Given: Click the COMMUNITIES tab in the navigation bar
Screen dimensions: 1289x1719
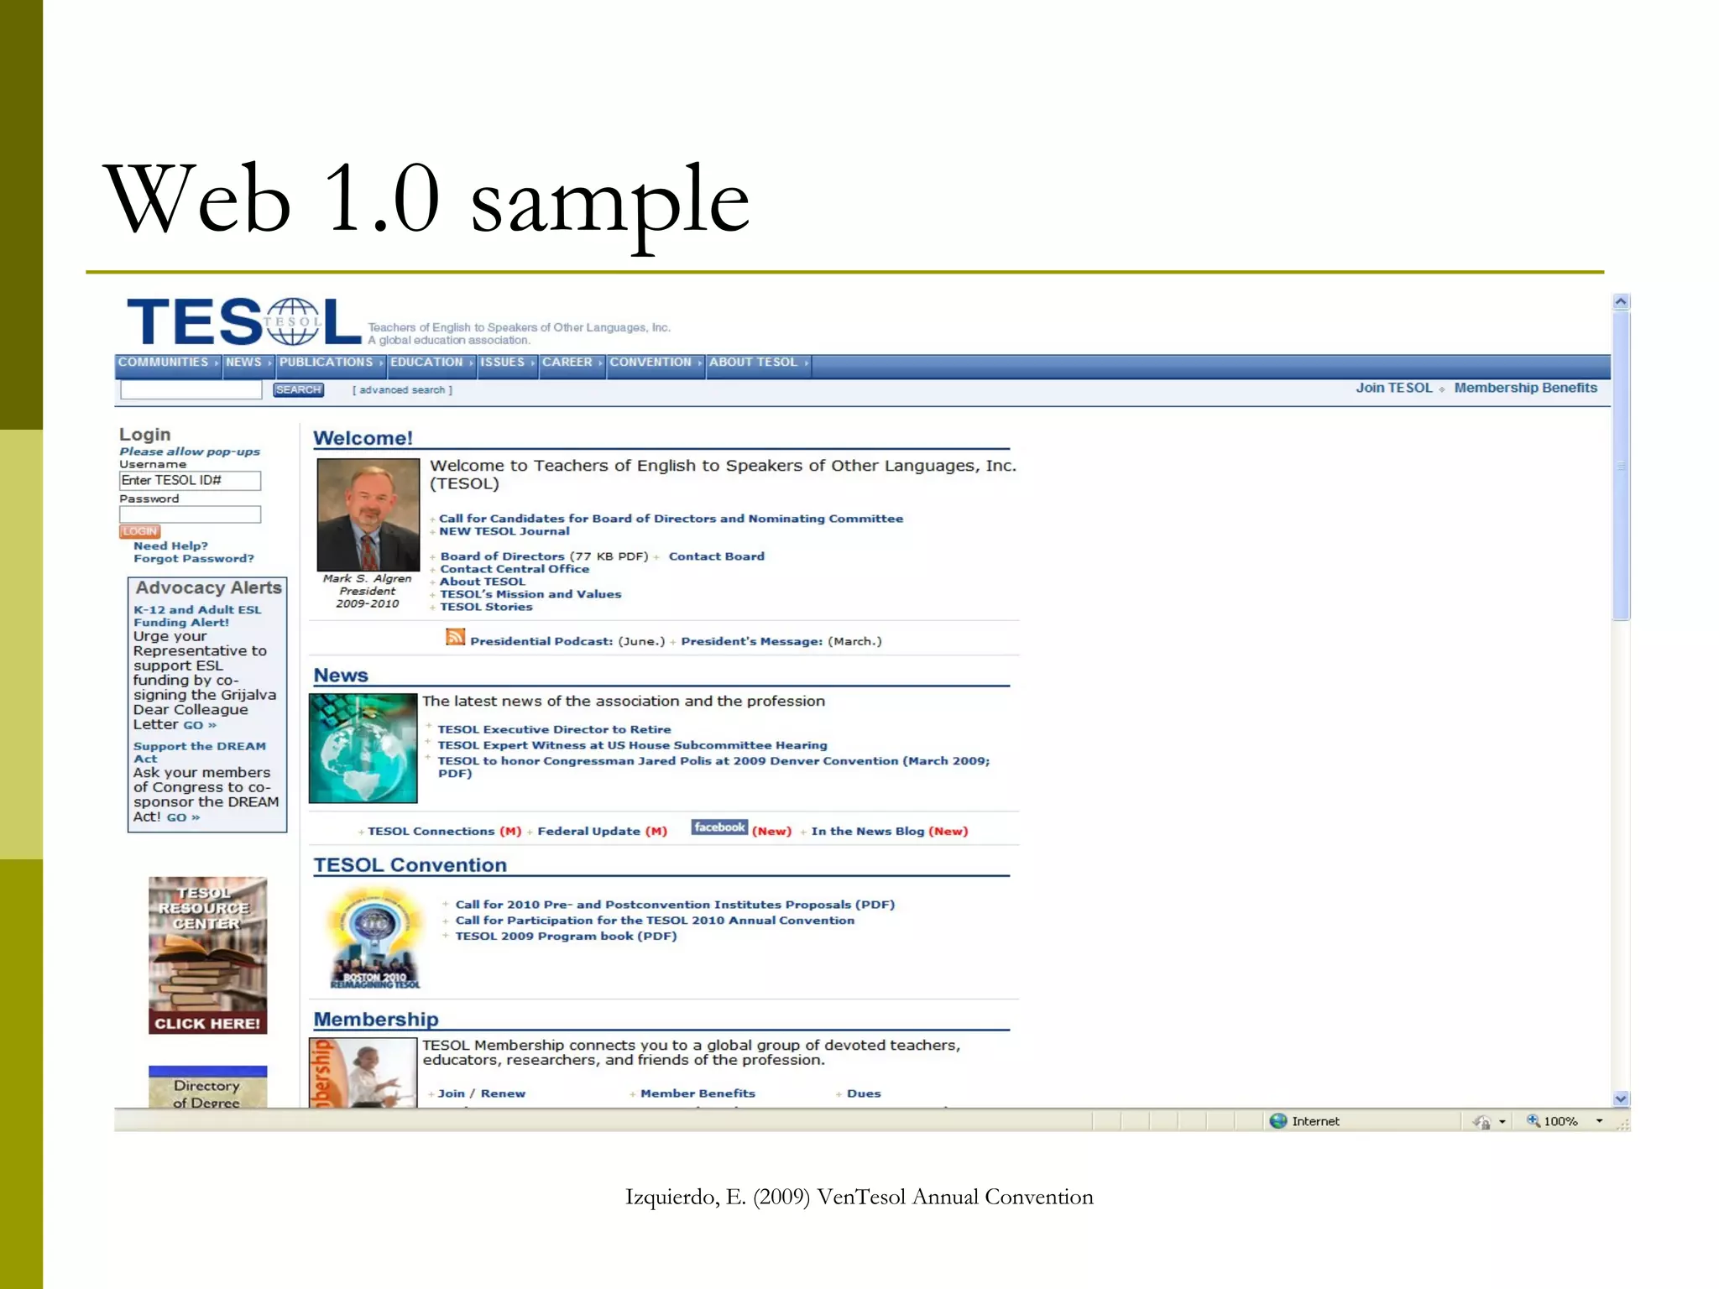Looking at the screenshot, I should pyautogui.click(x=164, y=363).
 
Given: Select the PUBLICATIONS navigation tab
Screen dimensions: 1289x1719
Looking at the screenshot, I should pyautogui.click(x=327, y=363).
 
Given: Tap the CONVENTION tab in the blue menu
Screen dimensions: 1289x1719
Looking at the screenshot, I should pyautogui.click(x=651, y=363).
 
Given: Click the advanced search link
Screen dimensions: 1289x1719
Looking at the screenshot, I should pyautogui.click(x=402, y=390).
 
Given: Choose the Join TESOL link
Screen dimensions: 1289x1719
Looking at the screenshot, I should pyautogui.click(x=1393, y=388).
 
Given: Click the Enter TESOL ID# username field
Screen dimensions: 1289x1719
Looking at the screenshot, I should pyautogui.click(x=190, y=481).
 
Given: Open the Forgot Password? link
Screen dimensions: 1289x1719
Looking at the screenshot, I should pyautogui.click(x=193, y=559).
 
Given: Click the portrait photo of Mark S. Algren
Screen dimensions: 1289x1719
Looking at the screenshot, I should pyautogui.click(x=368, y=514).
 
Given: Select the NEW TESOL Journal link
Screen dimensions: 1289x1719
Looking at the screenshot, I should pyautogui.click(x=504, y=531).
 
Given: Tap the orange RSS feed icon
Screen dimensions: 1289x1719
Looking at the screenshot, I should pyautogui.click(x=455, y=637).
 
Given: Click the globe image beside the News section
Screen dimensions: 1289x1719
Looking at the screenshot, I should pyautogui.click(x=363, y=748).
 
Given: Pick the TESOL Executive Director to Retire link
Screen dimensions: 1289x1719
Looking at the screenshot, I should pyautogui.click(x=554, y=730).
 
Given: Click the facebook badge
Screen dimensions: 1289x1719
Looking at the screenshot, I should pyautogui.click(x=719, y=827).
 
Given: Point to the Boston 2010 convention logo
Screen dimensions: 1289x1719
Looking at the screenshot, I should pyautogui.click(x=375, y=939).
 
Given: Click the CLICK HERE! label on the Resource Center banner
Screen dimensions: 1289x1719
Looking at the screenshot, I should pyautogui.click(x=207, y=1024).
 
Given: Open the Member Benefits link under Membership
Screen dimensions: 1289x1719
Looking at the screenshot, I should pyautogui.click(x=698, y=1093).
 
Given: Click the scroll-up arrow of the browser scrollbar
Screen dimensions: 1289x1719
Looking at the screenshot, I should pyautogui.click(x=1621, y=302).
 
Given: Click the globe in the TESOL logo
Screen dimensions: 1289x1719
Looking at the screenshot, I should pyautogui.click(x=292, y=321).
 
